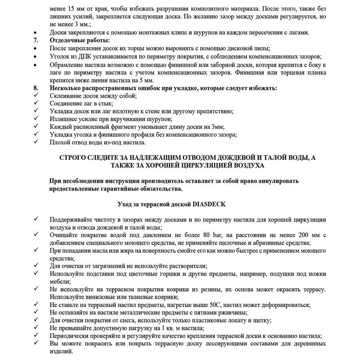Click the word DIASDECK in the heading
pos(209,204)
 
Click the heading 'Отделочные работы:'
pos(80,40)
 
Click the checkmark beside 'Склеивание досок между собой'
pos(36,96)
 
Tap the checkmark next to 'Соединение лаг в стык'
pos(36,103)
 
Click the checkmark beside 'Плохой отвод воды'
pos(36,142)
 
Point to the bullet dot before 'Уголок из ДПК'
pos(36,57)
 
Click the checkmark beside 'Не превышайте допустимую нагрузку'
pos(36,328)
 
